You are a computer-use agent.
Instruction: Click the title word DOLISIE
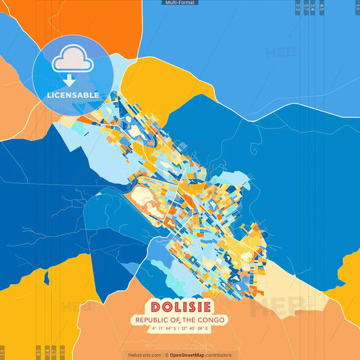(x=180, y=306)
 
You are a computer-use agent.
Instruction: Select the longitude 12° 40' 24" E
(x=196, y=328)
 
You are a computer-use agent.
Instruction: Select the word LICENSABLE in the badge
(x=72, y=95)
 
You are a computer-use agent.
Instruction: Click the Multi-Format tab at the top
(x=180, y=3)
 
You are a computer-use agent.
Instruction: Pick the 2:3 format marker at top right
(x=298, y=8)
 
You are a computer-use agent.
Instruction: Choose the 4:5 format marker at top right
(x=322, y=8)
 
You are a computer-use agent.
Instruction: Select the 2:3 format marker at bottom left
(x=62, y=352)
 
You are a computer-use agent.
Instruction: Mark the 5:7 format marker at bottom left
(x=54, y=352)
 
